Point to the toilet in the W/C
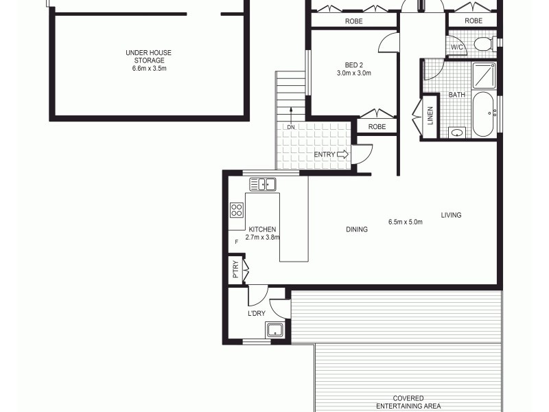click(x=482, y=45)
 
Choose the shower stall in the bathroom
click(x=484, y=74)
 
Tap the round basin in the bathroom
click(x=456, y=133)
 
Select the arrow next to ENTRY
click(x=343, y=154)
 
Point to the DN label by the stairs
click(x=291, y=127)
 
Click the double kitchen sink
click(x=262, y=184)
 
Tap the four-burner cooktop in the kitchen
click(x=237, y=209)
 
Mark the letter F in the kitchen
click(x=237, y=242)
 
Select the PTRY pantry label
click(x=235, y=268)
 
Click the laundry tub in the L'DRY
click(x=276, y=330)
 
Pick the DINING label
click(x=357, y=229)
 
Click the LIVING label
click(x=451, y=215)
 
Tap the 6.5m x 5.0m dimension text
click(x=405, y=222)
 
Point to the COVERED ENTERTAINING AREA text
click(x=408, y=402)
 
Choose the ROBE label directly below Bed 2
click(x=377, y=127)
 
